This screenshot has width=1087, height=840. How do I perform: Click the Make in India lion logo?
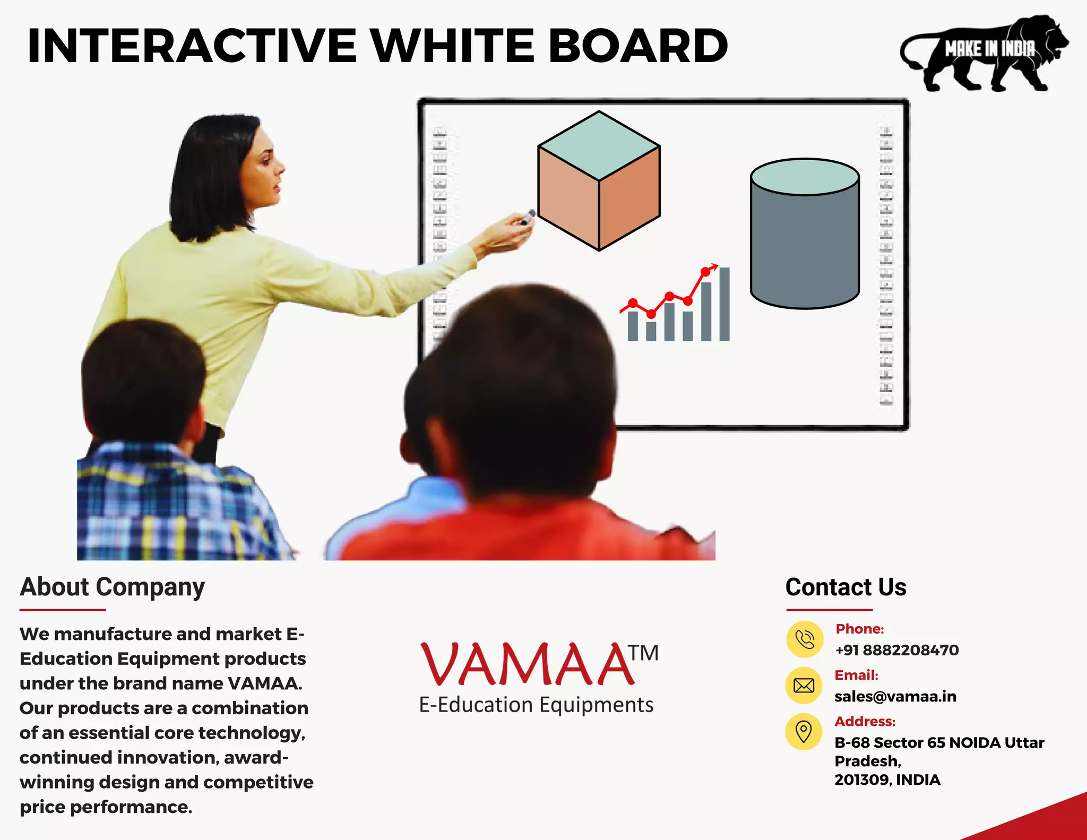[x=985, y=53]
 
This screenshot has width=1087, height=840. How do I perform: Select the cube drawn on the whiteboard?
[x=599, y=180]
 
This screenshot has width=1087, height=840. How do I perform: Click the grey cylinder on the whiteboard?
[x=805, y=233]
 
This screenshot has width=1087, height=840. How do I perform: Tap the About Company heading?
[x=112, y=587]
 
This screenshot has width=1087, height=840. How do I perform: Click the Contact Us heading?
[x=846, y=587]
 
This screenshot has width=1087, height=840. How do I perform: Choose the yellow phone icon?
[x=805, y=639]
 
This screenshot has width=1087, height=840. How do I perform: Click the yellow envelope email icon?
[x=804, y=686]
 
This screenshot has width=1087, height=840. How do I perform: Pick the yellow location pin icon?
[x=804, y=732]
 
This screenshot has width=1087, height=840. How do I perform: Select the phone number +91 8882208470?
[x=896, y=650]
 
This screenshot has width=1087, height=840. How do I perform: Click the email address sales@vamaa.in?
[x=895, y=696]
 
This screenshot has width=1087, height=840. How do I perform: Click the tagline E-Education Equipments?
[x=536, y=705]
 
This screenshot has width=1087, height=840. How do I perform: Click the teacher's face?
[x=263, y=170]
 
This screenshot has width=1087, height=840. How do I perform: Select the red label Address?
[x=865, y=721]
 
